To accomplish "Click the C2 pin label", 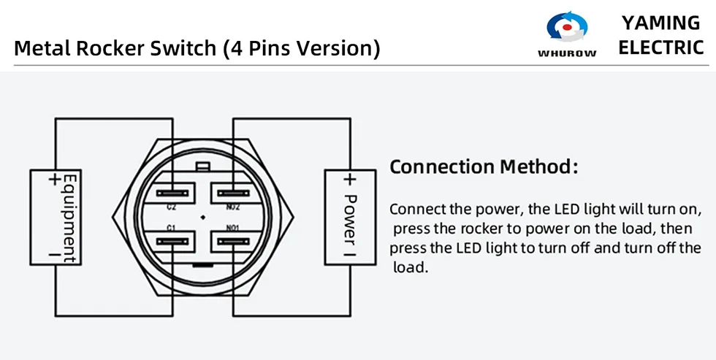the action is click(x=171, y=207).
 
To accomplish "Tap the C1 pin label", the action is click(x=171, y=228).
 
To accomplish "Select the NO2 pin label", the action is click(x=233, y=207).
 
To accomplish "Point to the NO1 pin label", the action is click(x=233, y=228).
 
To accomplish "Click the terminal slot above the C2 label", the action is click(x=172, y=194).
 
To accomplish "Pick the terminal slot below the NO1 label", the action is click(x=233, y=241).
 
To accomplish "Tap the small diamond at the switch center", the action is click(x=203, y=218).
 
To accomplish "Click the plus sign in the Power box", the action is click(x=349, y=180).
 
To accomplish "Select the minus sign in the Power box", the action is click(x=349, y=251).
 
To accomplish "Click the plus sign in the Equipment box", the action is click(x=55, y=180).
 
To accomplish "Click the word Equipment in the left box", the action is click(x=71, y=218).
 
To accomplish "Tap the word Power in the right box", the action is click(x=350, y=218).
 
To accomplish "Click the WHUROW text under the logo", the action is click(x=567, y=53).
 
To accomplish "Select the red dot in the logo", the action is click(x=567, y=27).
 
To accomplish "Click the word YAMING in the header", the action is click(x=660, y=23).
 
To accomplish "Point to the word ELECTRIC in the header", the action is click(x=660, y=47).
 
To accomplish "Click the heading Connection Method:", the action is click(x=484, y=166).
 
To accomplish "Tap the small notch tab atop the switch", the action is click(x=203, y=167).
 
